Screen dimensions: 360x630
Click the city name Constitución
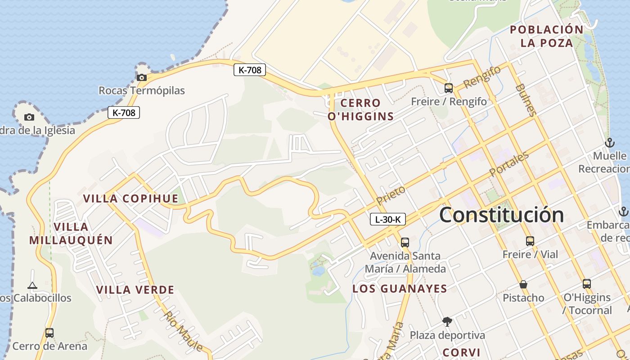point(501,215)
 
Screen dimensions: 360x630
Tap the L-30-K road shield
point(387,220)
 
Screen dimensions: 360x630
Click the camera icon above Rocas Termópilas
point(142,77)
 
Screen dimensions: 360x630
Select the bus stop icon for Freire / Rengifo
point(448,88)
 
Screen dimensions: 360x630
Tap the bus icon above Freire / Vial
point(530,241)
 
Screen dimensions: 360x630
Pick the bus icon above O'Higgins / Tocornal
point(586,284)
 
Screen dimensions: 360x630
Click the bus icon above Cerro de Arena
point(49,333)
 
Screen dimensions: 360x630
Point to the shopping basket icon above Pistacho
point(523,284)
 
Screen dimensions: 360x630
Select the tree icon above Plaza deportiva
point(447,322)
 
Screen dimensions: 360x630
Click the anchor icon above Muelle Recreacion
point(610,143)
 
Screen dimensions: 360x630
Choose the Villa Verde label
point(135,290)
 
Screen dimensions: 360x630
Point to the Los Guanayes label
point(400,289)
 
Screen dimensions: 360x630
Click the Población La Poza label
point(547,36)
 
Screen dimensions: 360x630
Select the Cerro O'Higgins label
point(360,110)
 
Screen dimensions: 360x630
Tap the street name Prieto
point(391,195)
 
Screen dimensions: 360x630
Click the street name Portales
point(509,164)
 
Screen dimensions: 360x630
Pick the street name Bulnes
point(526,99)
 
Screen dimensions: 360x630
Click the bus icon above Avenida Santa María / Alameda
point(405,242)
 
